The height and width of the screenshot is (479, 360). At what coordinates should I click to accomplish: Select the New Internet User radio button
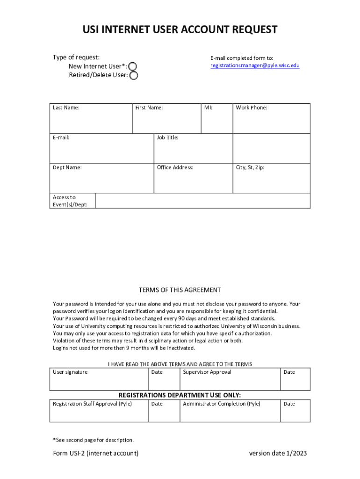click(x=133, y=66)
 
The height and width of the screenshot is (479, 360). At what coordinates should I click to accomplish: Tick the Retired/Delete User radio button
click(x=134, y=75)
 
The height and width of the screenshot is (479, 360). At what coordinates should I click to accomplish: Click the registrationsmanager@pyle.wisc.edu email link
click(x=255, y=65)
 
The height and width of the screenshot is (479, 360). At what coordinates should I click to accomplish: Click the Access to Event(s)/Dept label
click(x=72, y=201)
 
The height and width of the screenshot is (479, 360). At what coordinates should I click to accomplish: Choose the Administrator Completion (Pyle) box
click(x=230, y=412)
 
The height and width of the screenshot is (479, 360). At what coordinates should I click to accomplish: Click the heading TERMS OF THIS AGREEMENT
click(x=180, y=290)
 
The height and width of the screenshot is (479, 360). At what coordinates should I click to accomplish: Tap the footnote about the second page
click(x=94, y=440)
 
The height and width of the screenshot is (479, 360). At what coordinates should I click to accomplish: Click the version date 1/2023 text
click(x=278, y=453)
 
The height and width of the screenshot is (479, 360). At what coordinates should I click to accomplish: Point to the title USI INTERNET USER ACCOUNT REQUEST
click(x=180, y=30)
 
